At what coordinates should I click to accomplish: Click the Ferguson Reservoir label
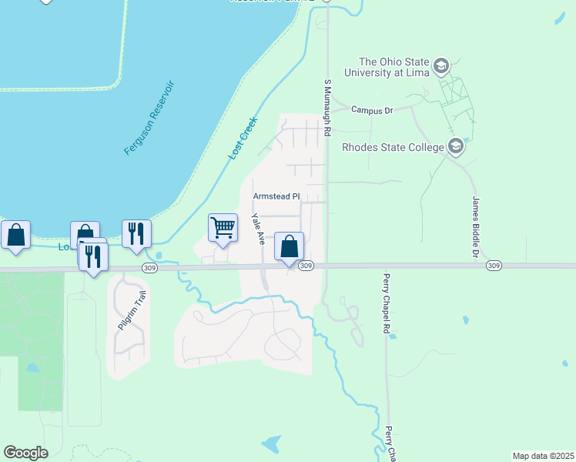click(x=150, y=118)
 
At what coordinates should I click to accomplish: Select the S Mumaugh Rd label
click(x=327, y=107)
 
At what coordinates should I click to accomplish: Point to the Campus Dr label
click(x=372, y=110)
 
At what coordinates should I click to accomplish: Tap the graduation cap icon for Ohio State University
click(x=441, y=65)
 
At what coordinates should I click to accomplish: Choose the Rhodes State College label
click(x=393, y=146)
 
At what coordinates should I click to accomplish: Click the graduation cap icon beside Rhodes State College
click(x=456, y=146)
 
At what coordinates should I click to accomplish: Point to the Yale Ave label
click(x=259, y=229)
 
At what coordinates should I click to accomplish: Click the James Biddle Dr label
click(x=475, y=226)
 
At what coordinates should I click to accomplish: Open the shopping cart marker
click(x=223, y=228)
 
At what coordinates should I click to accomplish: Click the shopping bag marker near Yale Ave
click(x=290, y=247)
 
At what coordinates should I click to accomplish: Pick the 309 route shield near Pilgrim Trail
click(x=149, y=266)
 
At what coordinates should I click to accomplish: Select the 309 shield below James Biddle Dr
click(x=494, y=266)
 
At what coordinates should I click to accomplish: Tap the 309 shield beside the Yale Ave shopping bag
click(x=306, y=266)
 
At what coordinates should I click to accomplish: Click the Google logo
click(x=25, y=453)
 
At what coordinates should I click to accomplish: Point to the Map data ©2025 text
click(x=543, y=456)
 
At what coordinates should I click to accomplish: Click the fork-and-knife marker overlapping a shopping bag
click(x=93, y=256)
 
